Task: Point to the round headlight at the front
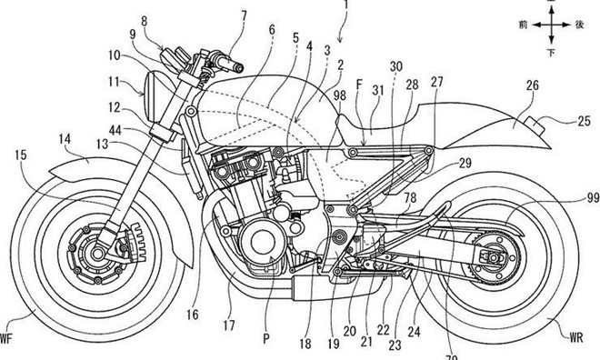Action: (149, 88)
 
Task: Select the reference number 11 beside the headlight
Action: (112, 82)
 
